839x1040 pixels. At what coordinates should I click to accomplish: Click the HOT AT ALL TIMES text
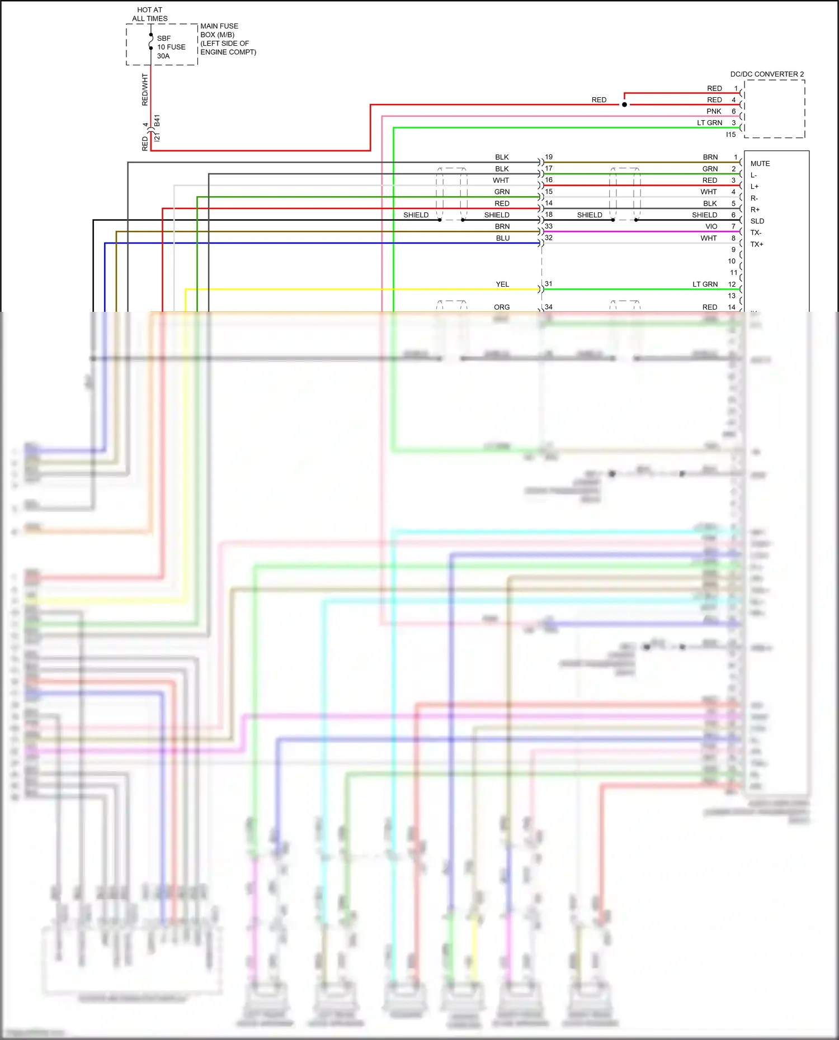(149, 14)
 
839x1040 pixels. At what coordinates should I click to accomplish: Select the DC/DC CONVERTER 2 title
(767, 74)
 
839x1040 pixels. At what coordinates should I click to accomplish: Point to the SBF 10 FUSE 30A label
(171, 47)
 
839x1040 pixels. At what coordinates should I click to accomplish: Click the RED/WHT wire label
(145, 89)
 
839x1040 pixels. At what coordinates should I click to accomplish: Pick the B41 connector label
(157, 120)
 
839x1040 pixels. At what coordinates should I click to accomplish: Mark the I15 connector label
(730, 135)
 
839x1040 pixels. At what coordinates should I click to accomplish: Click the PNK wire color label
(714, 111)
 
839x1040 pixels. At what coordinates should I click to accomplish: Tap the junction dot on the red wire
(624, 105)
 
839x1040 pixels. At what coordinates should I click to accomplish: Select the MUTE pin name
(760, 164)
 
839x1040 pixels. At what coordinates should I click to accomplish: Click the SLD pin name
(757, 221)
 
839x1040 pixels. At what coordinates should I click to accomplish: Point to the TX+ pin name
(757, 244)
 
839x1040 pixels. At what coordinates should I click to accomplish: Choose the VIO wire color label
(711, 226)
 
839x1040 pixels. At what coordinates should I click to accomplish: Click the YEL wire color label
(502, 284)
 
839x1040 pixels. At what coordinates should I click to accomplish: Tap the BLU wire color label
(502, 238)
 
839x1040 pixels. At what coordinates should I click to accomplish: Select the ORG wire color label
(502, 307)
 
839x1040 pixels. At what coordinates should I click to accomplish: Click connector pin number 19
(549, 157)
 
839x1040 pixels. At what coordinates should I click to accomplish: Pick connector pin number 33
(549, 226)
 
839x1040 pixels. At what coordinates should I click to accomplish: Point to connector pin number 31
(549, 284)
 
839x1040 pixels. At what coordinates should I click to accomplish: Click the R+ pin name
(755, 210)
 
